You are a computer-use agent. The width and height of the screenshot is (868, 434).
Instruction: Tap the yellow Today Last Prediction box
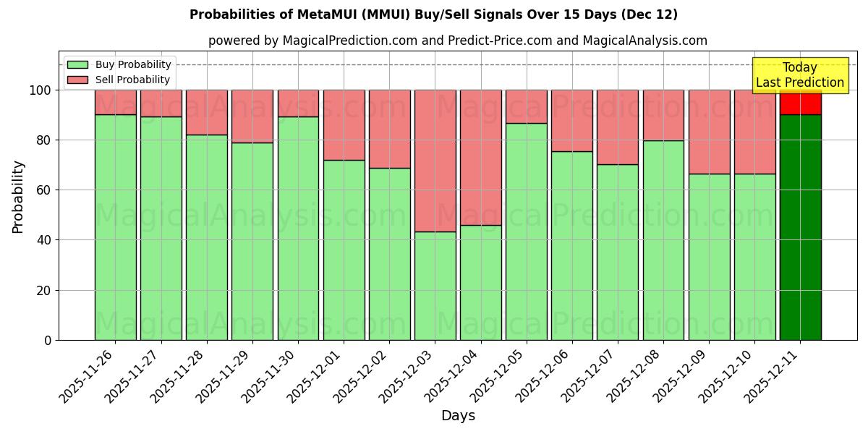799,75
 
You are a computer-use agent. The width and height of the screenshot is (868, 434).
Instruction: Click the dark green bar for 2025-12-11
800,227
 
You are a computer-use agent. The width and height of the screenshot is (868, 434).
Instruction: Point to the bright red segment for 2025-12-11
800,102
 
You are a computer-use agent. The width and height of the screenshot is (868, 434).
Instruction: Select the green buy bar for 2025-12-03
435,286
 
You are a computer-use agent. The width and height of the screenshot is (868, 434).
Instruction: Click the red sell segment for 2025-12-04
481,158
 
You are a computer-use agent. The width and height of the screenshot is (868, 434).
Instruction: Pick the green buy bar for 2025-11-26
116,227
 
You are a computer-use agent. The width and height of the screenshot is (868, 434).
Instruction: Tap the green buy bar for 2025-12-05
527,231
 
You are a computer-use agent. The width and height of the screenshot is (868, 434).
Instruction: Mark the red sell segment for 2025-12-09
709,132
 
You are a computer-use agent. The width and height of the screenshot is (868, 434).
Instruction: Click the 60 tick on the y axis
46,190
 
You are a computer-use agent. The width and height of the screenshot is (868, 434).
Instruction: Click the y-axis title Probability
18,196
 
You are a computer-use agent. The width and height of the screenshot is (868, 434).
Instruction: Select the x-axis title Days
458,416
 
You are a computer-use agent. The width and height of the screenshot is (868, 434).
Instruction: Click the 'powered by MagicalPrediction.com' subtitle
457,41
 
